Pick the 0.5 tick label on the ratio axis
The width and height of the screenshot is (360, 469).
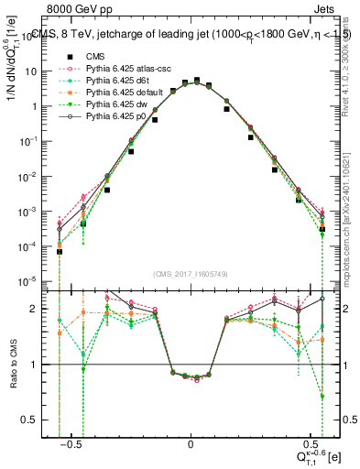[x=39, y=420]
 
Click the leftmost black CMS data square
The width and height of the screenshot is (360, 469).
[x=60, y=251]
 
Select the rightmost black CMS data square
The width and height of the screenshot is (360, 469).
[x=322, y=230]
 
